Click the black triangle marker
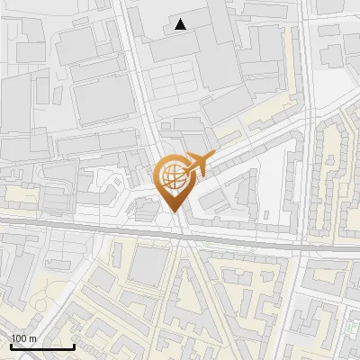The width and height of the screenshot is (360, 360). [x=181, y=24]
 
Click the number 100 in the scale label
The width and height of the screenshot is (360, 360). [x=19, y=338]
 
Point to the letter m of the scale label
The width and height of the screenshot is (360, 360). [x=32, y=338]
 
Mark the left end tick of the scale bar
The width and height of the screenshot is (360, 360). [x=11, y=345]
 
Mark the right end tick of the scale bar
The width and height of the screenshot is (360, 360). [x=74, y=345]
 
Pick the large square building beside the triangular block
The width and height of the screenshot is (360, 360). [x=151, y=266]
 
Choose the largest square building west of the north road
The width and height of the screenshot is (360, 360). [x=103, y=99]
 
